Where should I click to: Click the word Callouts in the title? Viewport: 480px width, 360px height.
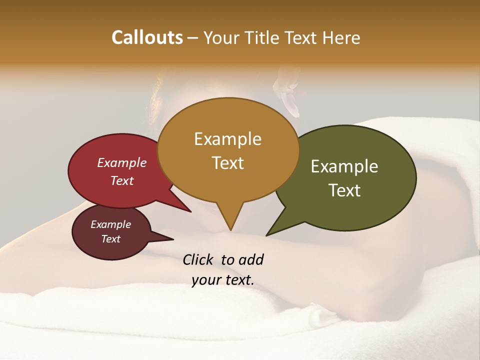[147, 37]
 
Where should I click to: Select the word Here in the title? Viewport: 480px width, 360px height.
[341, 37]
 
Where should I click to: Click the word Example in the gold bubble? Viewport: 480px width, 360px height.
[227, 139]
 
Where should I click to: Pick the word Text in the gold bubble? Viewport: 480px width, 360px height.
[227, 163]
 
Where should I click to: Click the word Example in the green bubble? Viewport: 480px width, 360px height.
[344, 166]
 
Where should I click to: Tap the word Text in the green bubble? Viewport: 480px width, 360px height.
[345, 190]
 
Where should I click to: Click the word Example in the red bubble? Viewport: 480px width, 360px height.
[121, 163]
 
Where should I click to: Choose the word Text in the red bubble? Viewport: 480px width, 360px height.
[121, 181]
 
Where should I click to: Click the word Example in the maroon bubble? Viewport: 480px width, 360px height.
[110, 224]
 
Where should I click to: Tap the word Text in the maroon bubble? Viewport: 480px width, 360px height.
[110, 239]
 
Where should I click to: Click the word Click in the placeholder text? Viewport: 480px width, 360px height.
[199, 259]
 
